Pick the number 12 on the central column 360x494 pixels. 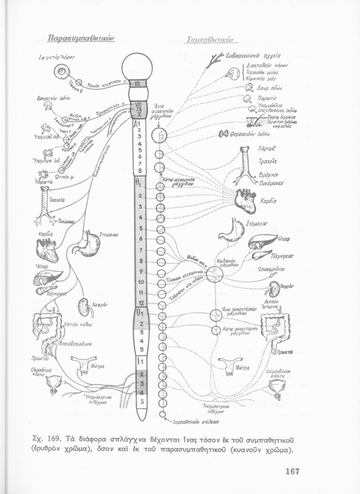coord(141,303)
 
